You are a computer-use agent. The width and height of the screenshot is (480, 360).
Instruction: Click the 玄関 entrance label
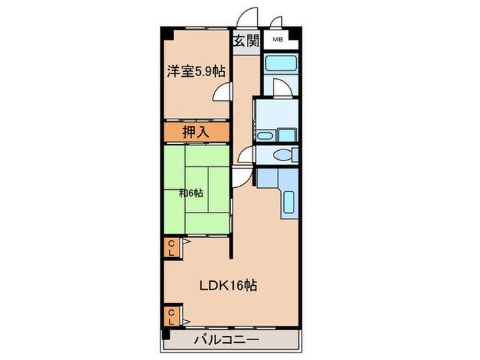coord(245,41)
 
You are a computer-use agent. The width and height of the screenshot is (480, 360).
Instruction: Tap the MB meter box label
coord(277,40)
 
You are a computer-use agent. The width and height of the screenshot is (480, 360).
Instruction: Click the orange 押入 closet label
coord(195,131)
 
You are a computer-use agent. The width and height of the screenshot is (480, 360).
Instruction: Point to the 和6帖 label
coord(192,193)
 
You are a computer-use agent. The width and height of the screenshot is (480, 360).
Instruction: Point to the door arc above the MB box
coord(276,23)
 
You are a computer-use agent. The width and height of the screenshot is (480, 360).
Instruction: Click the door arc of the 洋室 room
coord(221,94)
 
